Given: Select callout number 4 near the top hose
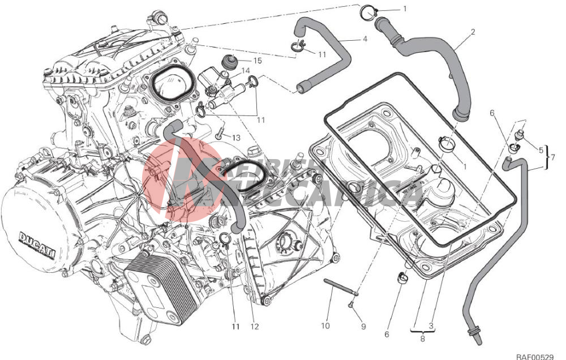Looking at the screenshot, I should pos(365,39).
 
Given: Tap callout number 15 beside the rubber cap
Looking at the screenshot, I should pos(257,61).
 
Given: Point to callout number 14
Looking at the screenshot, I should pos(246,71).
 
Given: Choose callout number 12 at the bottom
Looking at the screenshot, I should pos(254,326).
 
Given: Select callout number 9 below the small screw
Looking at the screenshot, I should pos(363,326).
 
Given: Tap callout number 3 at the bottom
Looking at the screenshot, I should pos(431,326).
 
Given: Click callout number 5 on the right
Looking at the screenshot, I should pos(540,150).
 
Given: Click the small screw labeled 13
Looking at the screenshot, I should pos(219,135).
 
